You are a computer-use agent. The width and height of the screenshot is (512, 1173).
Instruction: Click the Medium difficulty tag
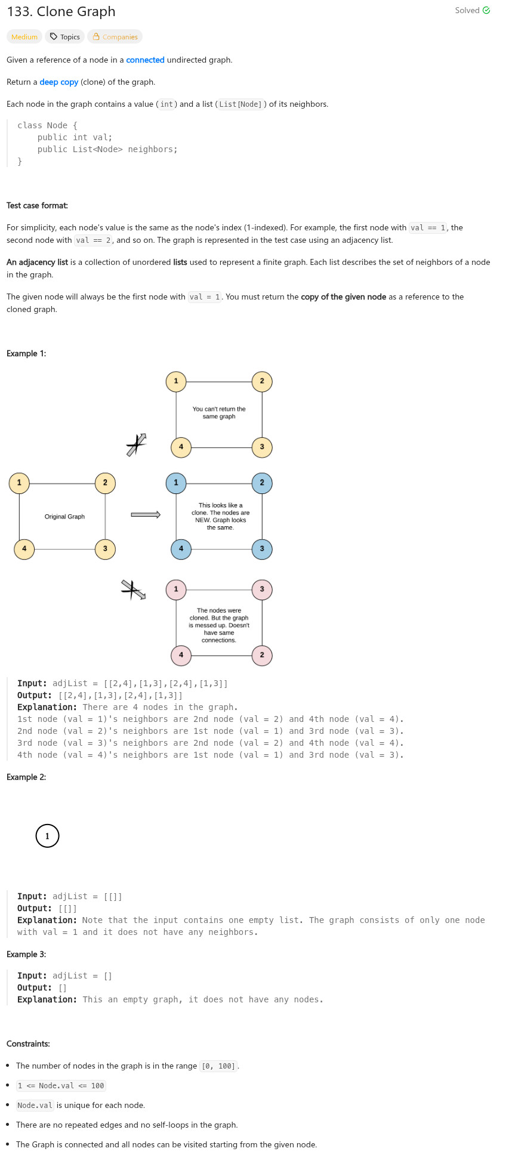24,37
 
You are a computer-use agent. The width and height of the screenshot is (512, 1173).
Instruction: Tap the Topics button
65,37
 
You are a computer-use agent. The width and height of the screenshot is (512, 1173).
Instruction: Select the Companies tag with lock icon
115,37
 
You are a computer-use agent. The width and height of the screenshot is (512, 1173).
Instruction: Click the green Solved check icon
486,10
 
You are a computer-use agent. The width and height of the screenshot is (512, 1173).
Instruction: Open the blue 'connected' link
145,60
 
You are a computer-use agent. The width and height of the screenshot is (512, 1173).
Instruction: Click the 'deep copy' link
59,82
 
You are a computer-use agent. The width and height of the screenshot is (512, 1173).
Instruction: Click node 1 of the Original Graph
19,483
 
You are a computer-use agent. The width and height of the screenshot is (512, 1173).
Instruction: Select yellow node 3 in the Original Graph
105,549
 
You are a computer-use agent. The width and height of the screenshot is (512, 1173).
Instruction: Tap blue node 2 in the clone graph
262,483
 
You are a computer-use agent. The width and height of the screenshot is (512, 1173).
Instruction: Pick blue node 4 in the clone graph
181,549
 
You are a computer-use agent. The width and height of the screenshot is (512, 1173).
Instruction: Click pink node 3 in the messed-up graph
262,589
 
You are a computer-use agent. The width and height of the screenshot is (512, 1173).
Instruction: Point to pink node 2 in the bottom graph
262,655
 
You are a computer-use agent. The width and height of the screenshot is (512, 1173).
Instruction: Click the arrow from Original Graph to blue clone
146,515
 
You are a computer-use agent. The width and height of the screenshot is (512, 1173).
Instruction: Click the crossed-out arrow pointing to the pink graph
134,590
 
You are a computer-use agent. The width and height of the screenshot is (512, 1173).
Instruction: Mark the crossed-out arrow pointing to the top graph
137,444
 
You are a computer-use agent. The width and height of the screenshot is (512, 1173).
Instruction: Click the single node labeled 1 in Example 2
48,836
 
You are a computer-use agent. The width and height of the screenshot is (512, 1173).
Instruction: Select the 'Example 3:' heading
26,954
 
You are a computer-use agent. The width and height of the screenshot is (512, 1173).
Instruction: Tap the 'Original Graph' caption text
64,517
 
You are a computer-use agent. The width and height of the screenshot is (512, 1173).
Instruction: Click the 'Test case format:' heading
37,205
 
